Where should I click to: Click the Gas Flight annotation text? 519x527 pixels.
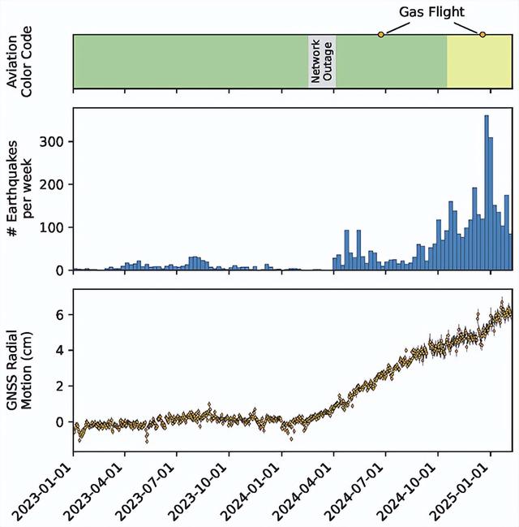pyautogui.click(x=431, y=13)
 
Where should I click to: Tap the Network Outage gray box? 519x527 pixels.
pyautogui.click(x=322, y=61)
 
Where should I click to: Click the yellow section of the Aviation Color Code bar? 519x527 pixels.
pyautogui.click(x=478, y=62)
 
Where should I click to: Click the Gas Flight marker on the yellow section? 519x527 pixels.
pyautogui.click(x=483, y=34)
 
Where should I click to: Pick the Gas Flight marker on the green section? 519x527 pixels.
pyautogui.click(x=380, y=34)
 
